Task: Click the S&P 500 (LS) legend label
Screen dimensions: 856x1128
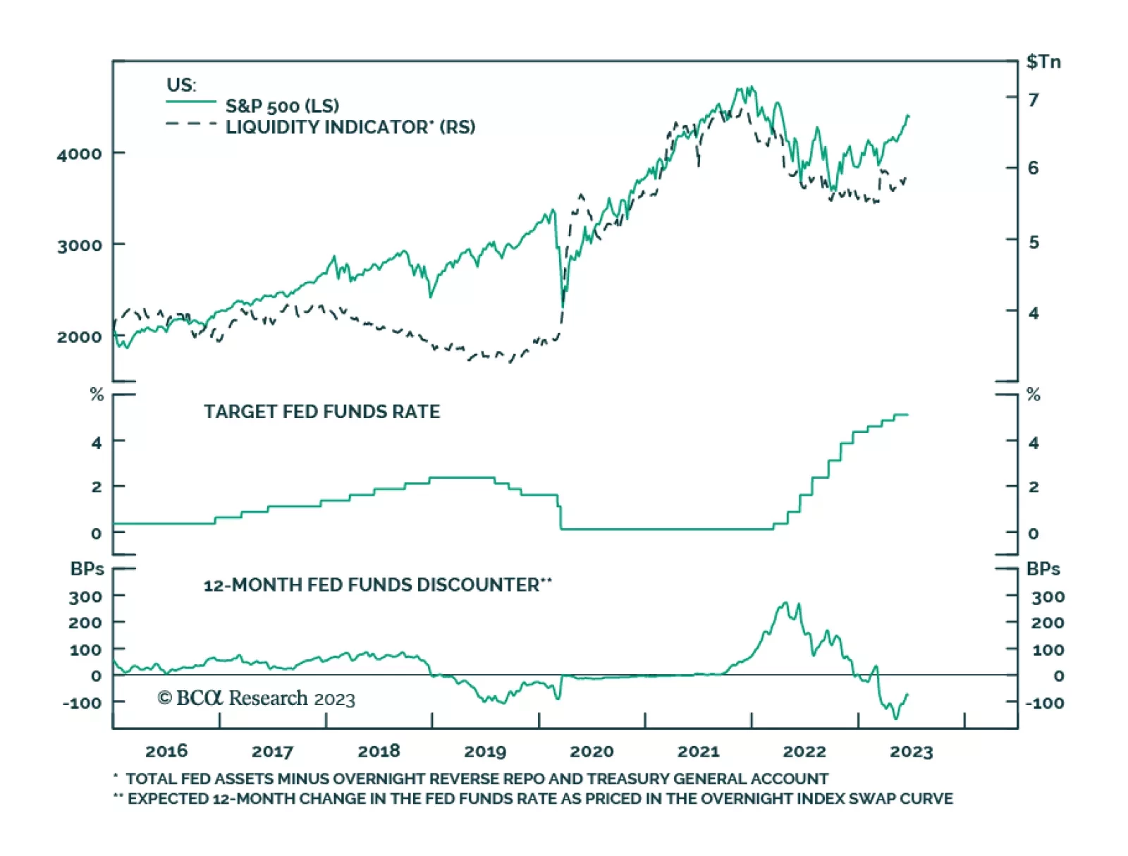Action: (282, 106)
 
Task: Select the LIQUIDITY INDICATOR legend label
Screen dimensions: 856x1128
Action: (350, 127)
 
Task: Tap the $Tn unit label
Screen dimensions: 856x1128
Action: (1043, 62)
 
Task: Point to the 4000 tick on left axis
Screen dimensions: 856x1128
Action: (79, 154)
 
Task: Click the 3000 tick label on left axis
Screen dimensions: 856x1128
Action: (79, 245)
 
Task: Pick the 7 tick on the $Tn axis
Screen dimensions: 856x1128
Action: (1033, 100)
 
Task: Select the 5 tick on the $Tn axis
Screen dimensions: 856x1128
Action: (1034, 243)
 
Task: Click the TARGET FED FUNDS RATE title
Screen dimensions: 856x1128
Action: (321, 412)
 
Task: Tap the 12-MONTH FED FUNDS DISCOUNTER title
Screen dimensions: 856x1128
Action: (377, 585)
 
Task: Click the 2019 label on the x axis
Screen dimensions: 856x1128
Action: (485, 752)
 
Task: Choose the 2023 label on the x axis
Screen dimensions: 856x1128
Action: (911, 752)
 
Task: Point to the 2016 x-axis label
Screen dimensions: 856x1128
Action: (166, 751)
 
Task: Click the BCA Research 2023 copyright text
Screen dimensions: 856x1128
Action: (257, 699)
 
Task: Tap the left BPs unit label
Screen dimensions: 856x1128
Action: (87, 569)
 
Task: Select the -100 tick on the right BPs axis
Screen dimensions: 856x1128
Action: (1044, 703)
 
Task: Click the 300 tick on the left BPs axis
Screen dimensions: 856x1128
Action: (85, 597)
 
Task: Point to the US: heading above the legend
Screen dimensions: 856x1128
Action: (181, 85)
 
